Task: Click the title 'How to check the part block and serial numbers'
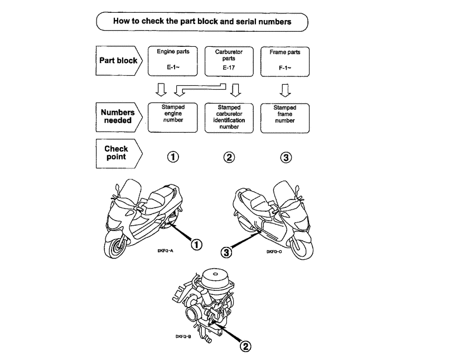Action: (202, 22)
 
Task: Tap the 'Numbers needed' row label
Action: (117, 116)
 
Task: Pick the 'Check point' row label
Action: (116, 153)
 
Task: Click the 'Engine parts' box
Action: (173, 61)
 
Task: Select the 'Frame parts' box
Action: (285, 61)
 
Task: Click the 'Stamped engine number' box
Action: (173, 117)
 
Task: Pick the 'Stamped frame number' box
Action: (285, 117)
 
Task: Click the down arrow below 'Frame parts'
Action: (285, 89)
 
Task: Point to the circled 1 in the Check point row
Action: (173, 157)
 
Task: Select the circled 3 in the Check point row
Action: (286, 157)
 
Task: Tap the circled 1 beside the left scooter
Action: (196, 243)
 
